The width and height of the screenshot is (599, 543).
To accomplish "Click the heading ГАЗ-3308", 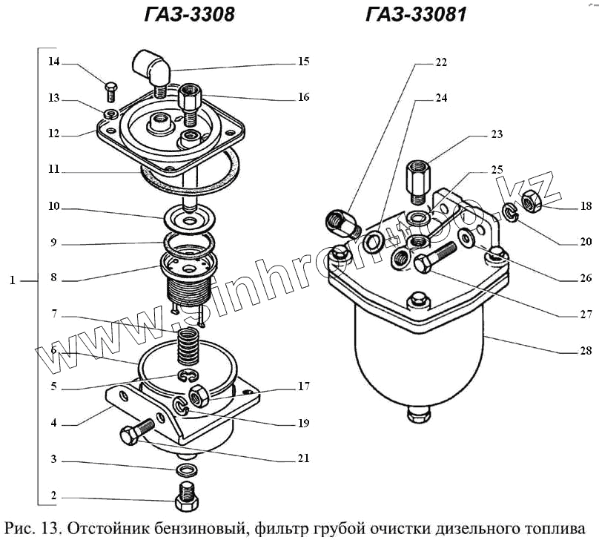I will coord(188,15).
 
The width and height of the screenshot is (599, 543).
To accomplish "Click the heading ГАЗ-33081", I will coord(416,15).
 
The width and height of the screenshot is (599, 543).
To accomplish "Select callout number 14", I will coord(54,62).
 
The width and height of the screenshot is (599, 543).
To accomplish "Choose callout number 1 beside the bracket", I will coord(13,281).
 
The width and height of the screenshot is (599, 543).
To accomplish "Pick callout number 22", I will coord(441,63).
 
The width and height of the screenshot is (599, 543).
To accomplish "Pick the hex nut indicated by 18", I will coord(532,198).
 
